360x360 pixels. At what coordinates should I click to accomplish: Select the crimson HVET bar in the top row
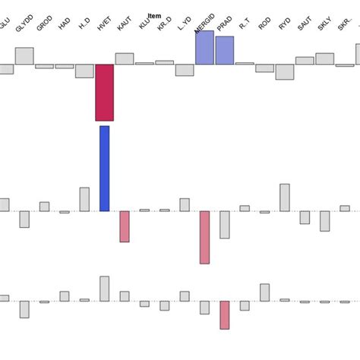click(x=104, y=92)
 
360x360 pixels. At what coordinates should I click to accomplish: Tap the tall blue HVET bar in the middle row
click(x=104, y=169)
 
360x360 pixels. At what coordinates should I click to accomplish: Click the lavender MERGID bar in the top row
click(x=204, y=47)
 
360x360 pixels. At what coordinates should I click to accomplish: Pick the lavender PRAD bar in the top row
click(x=224, y=50)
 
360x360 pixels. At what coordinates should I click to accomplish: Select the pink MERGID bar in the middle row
click(x=204, y=237)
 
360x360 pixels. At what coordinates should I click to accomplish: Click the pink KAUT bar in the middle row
click(x=125, y=226)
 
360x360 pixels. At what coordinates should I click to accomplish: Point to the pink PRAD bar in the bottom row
click(x=224, y=314)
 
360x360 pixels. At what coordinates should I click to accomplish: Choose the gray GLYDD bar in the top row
click(x=24, y=55)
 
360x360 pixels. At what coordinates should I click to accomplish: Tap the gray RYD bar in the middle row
click(x=284, y=197)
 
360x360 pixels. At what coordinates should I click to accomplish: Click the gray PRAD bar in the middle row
click(x=224, y=225)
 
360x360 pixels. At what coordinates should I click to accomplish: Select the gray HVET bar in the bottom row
click(x=104, y=289)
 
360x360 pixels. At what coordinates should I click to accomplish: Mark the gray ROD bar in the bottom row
click(x=264, y=292)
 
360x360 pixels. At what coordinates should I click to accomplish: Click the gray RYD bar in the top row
click(x=284, y=71)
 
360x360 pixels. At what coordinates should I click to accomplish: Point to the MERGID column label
click(x=204, y=25)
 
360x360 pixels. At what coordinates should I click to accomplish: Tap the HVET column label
click(x=103, y=25)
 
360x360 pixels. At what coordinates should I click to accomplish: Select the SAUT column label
click(x=303, y=25)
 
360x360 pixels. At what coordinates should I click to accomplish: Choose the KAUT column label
click(x=123, y=25)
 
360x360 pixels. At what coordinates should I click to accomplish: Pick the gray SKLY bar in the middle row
click(x=324, y=220)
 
